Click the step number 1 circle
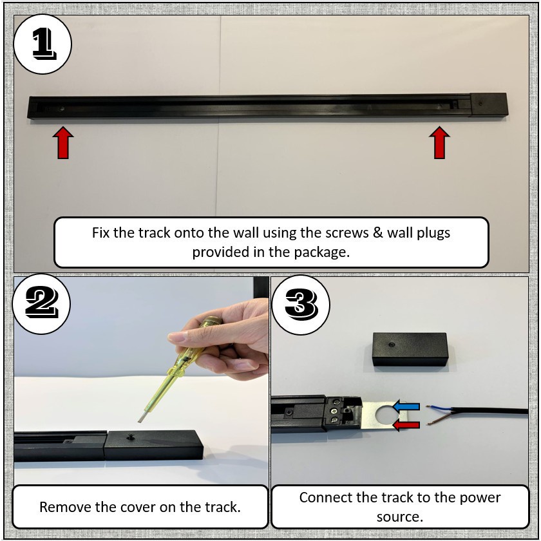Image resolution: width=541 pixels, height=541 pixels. pyautogui.click(x=43, y=44)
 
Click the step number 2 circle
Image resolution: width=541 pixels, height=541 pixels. pyautogui.click(x=41, y=304)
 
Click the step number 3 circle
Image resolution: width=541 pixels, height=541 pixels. pyautogui.click(x=301, y=305)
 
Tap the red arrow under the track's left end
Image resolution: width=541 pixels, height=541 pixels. pyautogui.click(x=63, y=142)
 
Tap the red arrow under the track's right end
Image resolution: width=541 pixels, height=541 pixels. pyautogui.click(x=439, y=142)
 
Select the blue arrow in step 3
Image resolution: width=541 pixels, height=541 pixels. pyautogui.click(x=406, y=407)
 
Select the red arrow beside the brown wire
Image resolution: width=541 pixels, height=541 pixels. pyautogui.click(x=406, y=424)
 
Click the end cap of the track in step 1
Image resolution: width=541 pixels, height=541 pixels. pyautogui.click(x=489, y=105)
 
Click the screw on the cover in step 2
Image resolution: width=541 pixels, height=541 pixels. pyautogui.click(x=131, y=437)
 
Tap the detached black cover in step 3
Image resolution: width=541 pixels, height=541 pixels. pyautogui.click(x=410, y=349)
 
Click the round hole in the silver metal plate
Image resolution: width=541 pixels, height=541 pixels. pyautogui.click(x=386, y=415)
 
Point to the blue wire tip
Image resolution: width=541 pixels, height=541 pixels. pyautogui.click(x=428, y=407)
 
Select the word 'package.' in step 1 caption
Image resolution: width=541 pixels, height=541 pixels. pyautogui.click(x=322, y=252)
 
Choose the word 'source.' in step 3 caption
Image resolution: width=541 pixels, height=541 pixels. pyautogui.click(x=399, y=517)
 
